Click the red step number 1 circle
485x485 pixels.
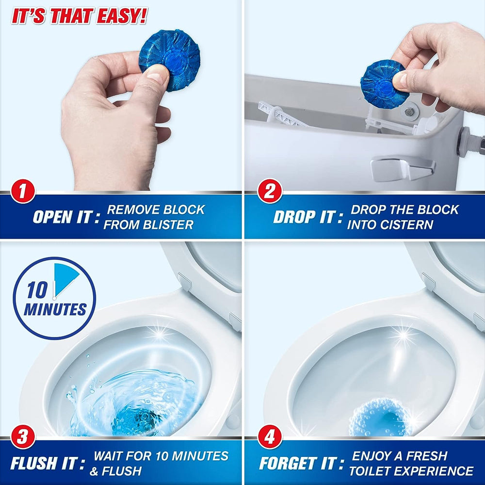coord(23,191)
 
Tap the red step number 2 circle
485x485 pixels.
coord(270,191)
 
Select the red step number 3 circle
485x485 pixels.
coord(23,437)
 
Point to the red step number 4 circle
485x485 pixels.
coord(270,437)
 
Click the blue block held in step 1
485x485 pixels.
coord(169,60)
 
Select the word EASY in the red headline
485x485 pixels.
coord(121,16)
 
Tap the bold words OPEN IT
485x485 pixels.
coord(62,217)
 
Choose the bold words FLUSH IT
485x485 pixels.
coord(44,463)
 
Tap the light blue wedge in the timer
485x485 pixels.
coord(65,278)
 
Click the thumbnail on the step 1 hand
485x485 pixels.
coord(158,74)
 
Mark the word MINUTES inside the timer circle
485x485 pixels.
coord(55,309)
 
